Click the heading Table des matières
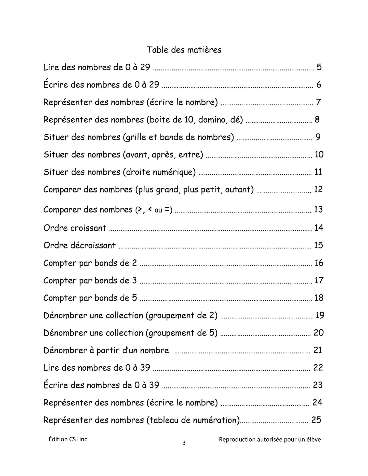point(184,50)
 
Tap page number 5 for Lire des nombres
point(319,67)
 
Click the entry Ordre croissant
point(75,228)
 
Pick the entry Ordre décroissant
point(79,245)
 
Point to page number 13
point(318,209)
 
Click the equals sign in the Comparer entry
point(167,210)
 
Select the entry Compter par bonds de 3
point(90,281)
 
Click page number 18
point(319,298)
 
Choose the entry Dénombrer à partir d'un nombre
point(106,351)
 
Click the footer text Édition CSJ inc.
point(69,439)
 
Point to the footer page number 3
point(184,443)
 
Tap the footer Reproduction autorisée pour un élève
point(270,440)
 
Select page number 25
point(316,420)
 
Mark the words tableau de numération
point(194,420)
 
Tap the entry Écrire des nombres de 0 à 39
point(101,385)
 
